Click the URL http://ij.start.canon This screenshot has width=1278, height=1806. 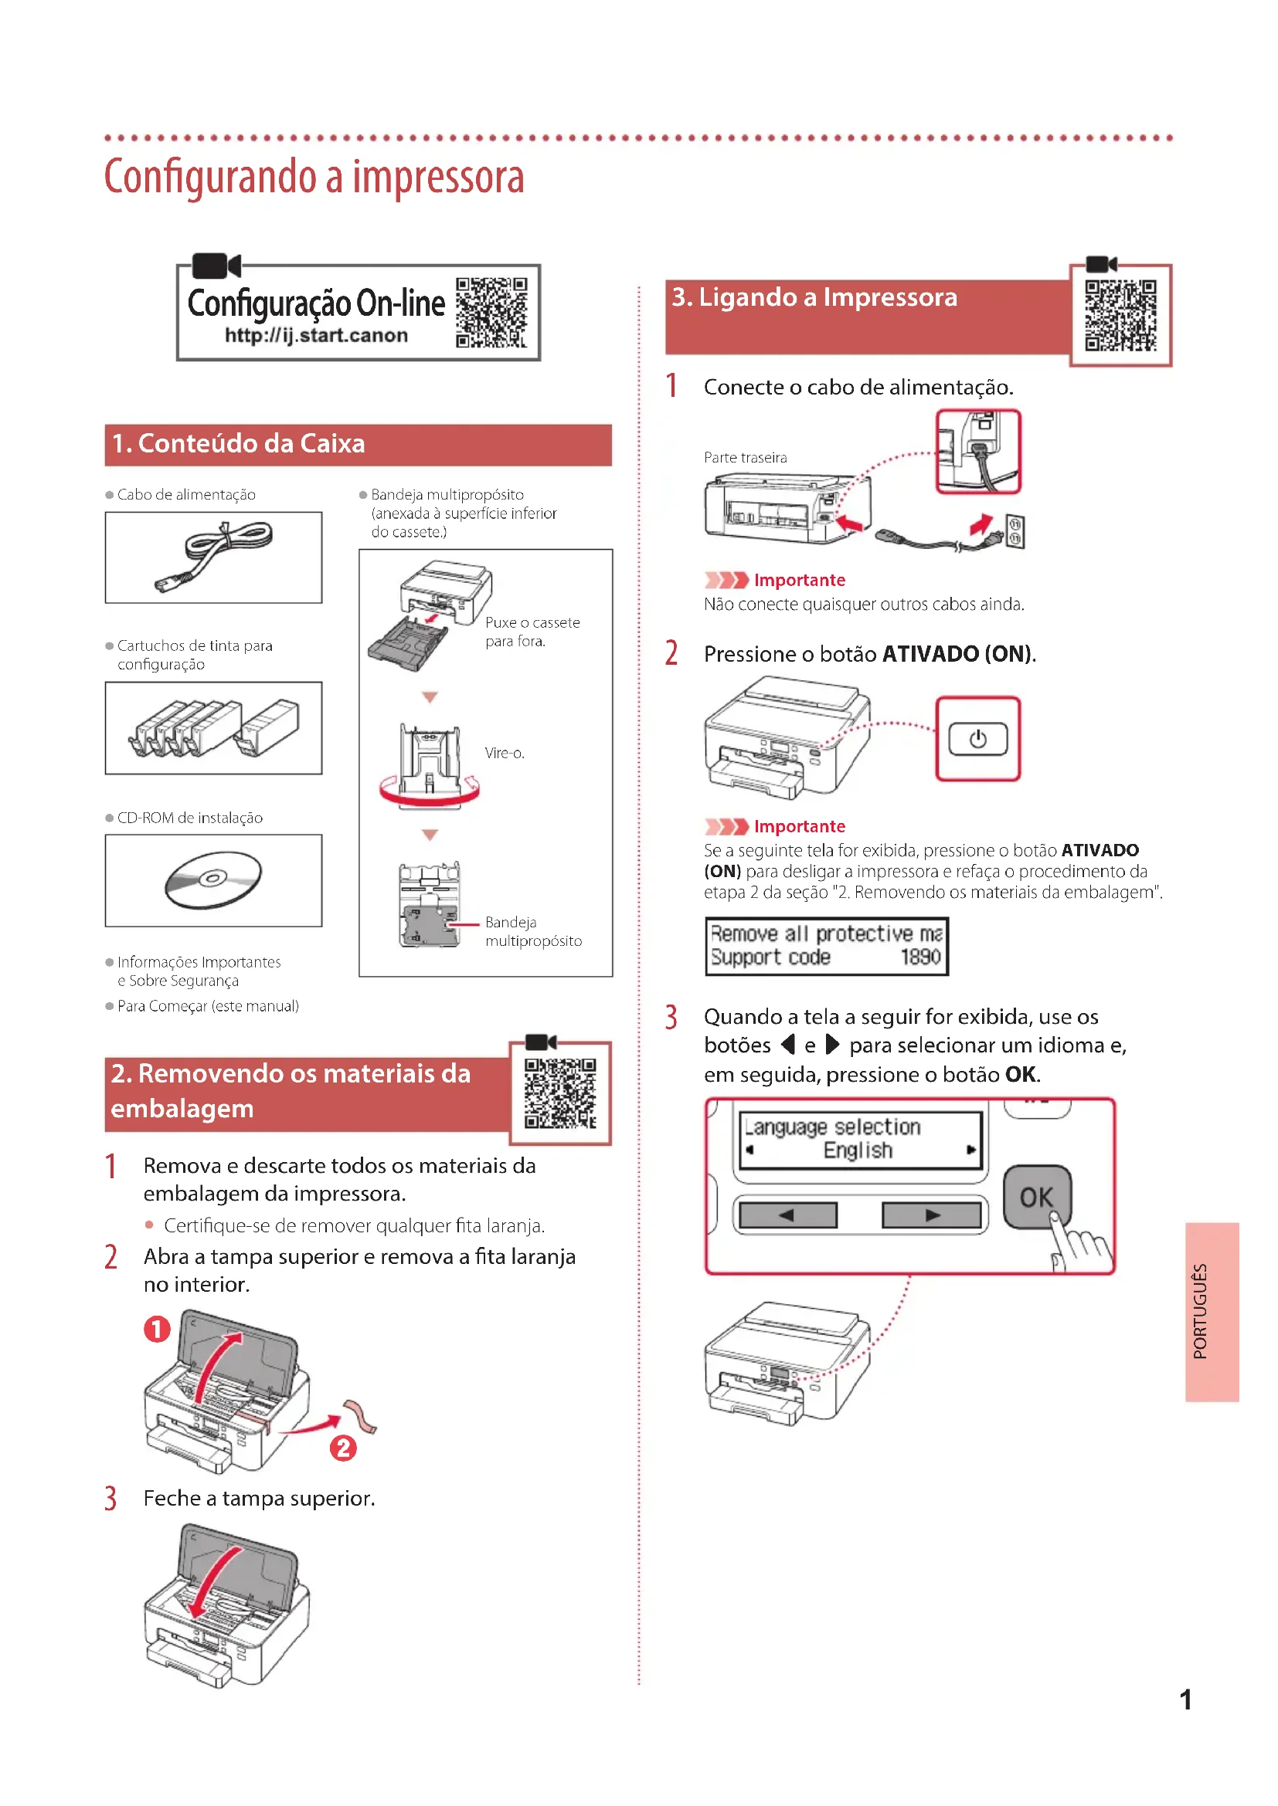(315, 336)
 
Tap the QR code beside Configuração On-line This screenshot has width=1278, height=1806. (491, 312)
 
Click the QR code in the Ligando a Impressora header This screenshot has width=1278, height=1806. (1120, 316)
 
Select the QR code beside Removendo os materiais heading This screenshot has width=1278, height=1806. (560, 1093)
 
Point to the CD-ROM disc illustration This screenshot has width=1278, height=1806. (213, 879)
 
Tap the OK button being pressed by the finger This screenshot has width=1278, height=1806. (1035, 1198)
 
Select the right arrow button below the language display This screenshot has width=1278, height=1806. (932, 1215)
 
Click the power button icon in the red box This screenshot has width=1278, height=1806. (977, 740)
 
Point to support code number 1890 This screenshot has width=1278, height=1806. (920, 957)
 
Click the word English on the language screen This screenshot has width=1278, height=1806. (858, 1150)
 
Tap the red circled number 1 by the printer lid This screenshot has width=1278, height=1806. (158, 1330)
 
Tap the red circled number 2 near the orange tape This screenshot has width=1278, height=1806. (343, 1448)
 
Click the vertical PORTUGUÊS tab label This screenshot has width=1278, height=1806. (1200, 1310)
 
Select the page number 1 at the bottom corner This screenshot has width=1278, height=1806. (1185, 1699)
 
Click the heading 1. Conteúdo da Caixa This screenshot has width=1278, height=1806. (239, 444)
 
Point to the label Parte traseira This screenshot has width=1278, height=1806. (745, 458)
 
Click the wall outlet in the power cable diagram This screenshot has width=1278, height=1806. (1015, 533)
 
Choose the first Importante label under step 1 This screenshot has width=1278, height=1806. (799, 581)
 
